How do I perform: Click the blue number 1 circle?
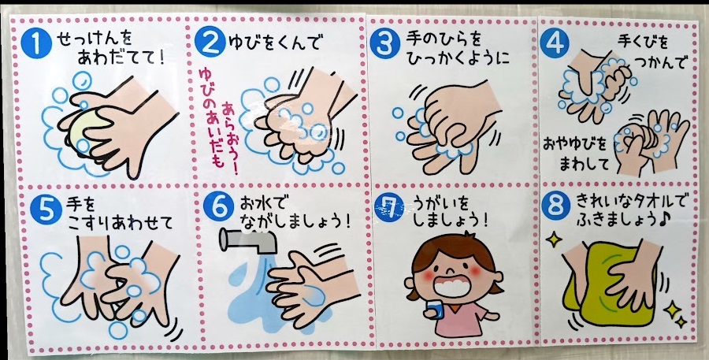click(x=36, y=43)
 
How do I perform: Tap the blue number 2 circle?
click(x=210, y=41)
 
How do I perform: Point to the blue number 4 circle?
click(x=555, y=43)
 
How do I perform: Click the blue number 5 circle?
click(x=46, y=210)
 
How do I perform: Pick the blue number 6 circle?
click(x=218, y=206)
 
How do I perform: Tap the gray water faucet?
click(x=248, y=239)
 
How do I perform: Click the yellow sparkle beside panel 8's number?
click(x=554, y=239)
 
